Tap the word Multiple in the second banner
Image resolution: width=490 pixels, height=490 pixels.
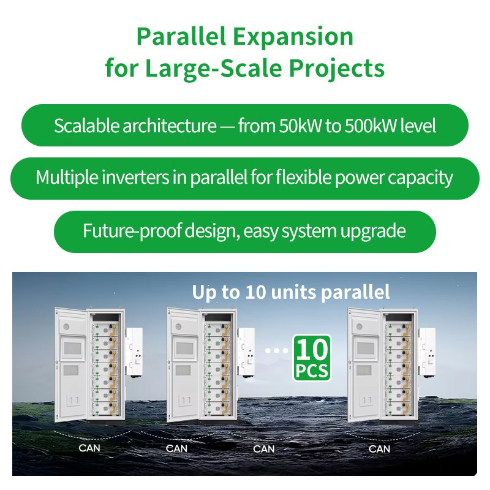point(68,178)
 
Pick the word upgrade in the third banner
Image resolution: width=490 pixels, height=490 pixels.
point(375,231)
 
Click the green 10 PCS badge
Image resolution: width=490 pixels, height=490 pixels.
point(312,358)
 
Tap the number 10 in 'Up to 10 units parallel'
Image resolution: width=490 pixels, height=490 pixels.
point(255,292)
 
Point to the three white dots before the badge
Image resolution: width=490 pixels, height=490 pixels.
point(277,351)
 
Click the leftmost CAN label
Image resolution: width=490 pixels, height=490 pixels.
point(89,448)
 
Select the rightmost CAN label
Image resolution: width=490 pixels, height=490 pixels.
point(379,448)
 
